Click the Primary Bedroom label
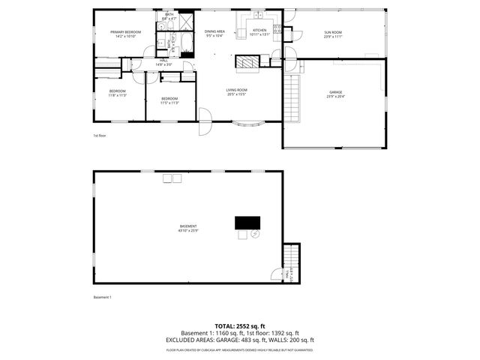[126, 34]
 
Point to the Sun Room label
[333, 34]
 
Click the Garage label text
[335, 94]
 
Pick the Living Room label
[237, 92]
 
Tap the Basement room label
[187, 228]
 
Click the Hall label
[163, 63]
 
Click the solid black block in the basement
[247, 222]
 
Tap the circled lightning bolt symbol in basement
[255, 235]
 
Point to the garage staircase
[292, 97]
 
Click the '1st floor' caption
[100, 136]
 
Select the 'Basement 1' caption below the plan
[102, 297]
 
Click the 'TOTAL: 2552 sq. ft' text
[240, 326]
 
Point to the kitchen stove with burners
[277, 30]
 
